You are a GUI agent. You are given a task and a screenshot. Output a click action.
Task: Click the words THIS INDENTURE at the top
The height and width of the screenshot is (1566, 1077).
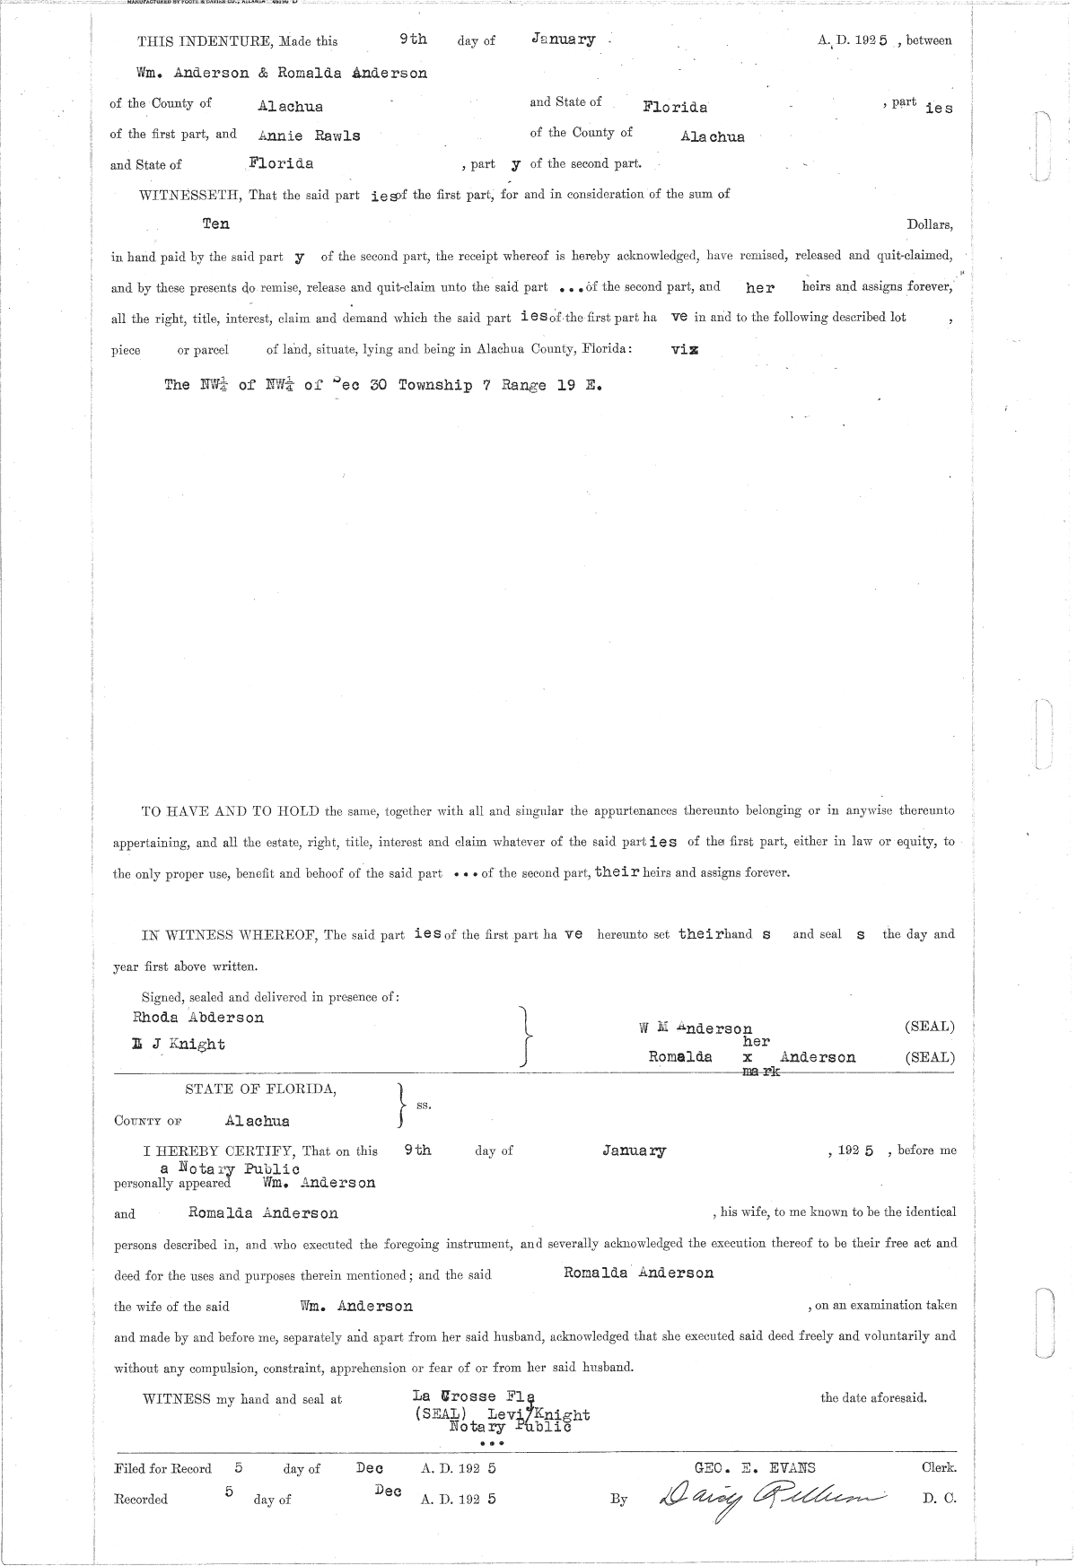[x=206, y=41]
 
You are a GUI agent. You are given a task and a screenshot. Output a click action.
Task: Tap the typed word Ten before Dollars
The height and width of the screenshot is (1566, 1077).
[x=216, y=223]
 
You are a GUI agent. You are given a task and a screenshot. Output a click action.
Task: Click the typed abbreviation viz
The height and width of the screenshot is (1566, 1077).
[x=685, y=350]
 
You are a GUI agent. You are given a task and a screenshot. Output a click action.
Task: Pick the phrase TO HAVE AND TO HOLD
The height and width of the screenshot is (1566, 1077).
[x=231, y=811]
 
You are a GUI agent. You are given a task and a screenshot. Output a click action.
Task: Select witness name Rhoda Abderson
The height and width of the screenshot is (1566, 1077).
[x=198, y=1017]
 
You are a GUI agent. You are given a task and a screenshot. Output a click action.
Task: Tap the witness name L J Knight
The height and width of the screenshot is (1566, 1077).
[x=179, y=1044]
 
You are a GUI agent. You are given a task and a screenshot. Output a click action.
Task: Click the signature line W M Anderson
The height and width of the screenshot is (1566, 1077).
[x=690, y=1028]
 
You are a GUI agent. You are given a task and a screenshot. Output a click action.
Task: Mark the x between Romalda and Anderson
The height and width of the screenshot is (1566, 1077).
[x=748, y=1058]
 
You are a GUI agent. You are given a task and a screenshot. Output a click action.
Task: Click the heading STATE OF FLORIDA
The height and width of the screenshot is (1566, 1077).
[x=261, y=1089]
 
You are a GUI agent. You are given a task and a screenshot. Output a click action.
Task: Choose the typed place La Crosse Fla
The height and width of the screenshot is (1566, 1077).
[x=473, y=1395]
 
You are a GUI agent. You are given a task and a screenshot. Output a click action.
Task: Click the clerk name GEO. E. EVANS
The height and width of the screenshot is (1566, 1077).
[x=756, y=1468]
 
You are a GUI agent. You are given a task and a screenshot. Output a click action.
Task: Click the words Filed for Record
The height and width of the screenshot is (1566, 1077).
[x=163, y=1469]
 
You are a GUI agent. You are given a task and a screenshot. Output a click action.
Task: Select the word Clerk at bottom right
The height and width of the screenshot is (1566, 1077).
[x=938, y=1468]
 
